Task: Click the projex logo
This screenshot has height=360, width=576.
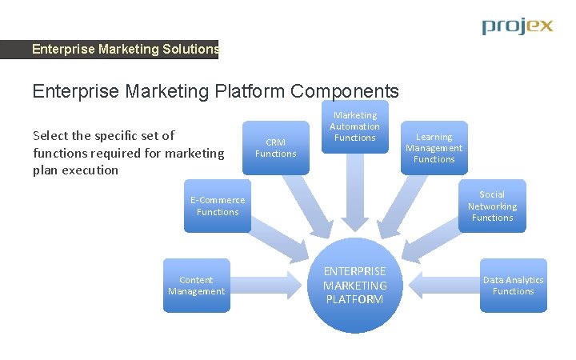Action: pyautogui.click(x=517, y=26)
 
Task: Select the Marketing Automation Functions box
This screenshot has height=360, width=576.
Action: pyautogui.click(x=355, y=126)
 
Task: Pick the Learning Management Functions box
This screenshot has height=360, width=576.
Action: pyautogui.click(x=434, y=148)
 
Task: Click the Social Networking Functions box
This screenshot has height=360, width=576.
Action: pyautogui.click(x=492, y=206)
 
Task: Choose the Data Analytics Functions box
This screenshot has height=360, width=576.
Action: pyautogui.click(x=513, y=286)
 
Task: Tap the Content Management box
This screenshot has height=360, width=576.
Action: pyautogui.click(x=196, y=286)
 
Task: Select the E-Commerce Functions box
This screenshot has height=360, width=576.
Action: pyautogui.click(x=218, y=206)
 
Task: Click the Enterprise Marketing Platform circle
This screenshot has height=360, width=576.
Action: pyautogui.click(x=355, y=286)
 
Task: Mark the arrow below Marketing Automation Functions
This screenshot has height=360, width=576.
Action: pyautogui.click(x=355, y=192)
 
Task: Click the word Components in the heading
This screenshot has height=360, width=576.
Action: pyautogui.click(x=345, y=91)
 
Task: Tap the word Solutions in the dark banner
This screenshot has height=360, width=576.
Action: pyautogui.click(x=190, y=50)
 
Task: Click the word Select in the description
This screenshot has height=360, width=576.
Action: pyautogui.click(x=52, y=135)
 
